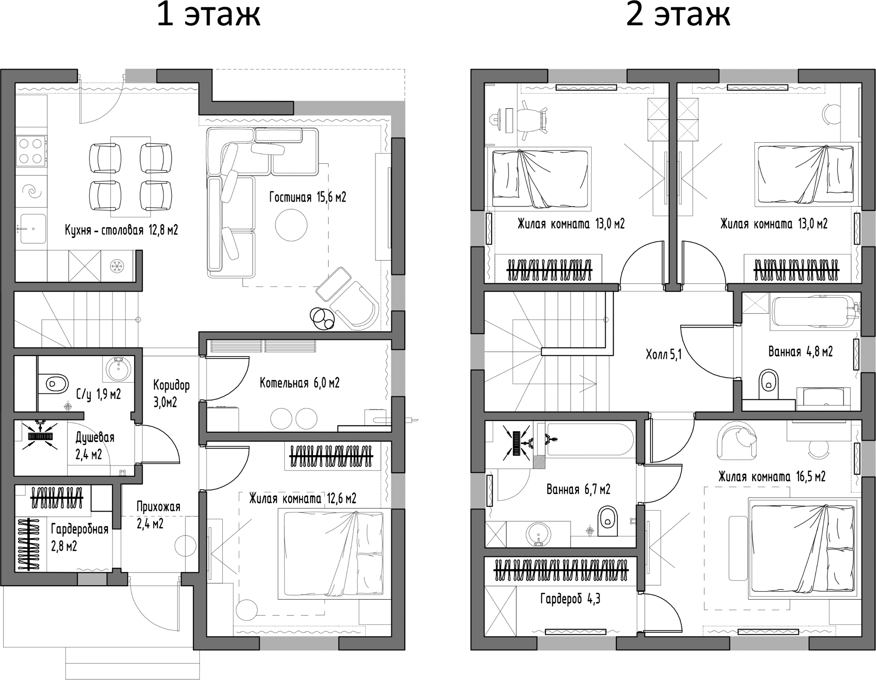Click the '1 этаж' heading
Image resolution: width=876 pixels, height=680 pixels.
(x=208, y=16)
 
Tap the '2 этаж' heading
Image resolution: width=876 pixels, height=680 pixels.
(x=678, y=16)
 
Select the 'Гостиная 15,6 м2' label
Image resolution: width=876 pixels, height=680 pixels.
(x=307, y=197)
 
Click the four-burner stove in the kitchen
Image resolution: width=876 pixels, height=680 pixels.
(x=32, y=151)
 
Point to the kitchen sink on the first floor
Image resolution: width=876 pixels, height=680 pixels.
(x=32, y=229)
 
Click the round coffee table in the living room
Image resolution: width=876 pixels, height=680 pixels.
(x=291, y=225)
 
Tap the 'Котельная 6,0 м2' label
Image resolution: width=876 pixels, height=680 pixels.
(x=299, y=383)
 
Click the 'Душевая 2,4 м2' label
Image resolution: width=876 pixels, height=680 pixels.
(x=94, y=446)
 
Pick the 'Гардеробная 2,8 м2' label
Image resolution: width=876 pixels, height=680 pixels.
(x=79, y=537)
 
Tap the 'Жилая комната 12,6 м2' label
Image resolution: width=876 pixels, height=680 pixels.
(x=302, y=498)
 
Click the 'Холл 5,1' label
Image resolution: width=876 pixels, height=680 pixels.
(x=664, y=355)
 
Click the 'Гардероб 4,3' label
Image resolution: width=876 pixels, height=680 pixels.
(x=570, y=599)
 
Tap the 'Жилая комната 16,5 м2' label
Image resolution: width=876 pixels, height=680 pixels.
(x=771, y=477)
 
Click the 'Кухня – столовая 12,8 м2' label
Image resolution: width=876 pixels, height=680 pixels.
(x=121, y=230)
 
